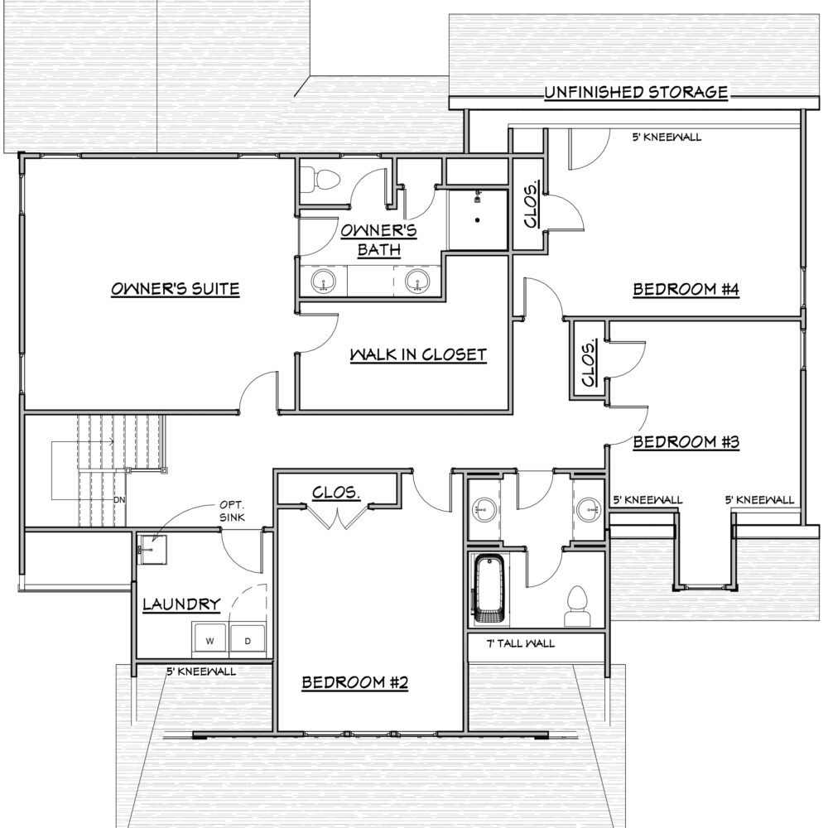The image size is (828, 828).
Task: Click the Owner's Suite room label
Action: pos(176,289)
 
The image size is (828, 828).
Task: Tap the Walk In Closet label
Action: pos(418,354)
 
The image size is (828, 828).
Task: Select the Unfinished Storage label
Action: pos(636,93)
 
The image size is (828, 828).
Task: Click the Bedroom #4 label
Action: pos(686,289)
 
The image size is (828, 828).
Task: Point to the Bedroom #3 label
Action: pos(686,441)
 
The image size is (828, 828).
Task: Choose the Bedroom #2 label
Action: pos(355,682)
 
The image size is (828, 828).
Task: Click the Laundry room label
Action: pos(181,604)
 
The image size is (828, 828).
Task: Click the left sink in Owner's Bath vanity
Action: pos(323,281)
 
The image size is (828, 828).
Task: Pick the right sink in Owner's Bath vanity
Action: pos(417,281)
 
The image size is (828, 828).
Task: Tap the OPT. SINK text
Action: pos(233,511)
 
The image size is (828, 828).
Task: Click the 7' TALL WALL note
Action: pos(521,643)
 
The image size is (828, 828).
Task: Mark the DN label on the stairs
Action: pos(119,499)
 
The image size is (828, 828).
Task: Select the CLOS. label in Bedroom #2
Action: pos(336,493)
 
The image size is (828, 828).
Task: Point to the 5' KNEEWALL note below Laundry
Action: pos(201,672)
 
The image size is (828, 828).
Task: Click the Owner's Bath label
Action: pos(378,239)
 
